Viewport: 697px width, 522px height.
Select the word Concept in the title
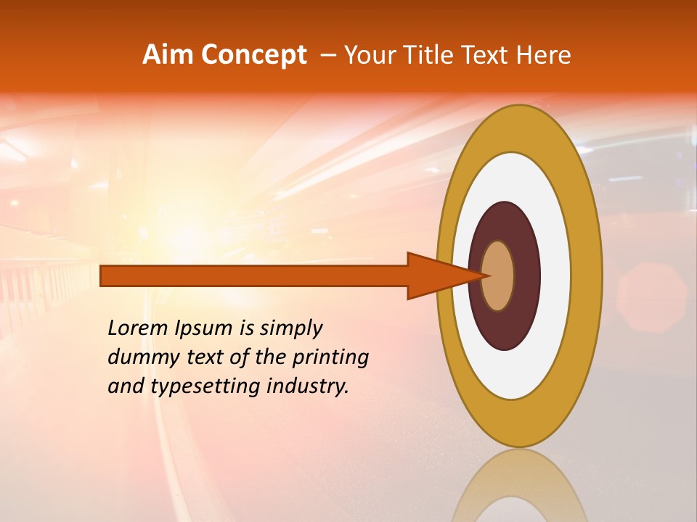253,54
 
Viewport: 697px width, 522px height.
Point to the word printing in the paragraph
330,358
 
